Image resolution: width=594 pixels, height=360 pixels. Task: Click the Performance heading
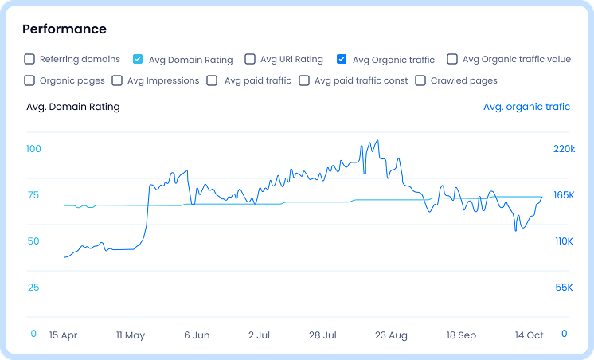[64, 29]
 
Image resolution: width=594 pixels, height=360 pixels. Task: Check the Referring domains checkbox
[29, 59]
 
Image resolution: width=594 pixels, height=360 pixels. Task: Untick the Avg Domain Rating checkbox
[138, 59]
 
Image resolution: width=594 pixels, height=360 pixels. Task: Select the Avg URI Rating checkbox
[250, 59]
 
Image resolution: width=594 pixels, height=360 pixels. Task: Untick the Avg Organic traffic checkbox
[342, 59]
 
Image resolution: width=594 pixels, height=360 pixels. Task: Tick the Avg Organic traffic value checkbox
[452, 59]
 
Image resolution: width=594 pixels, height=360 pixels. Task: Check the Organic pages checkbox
[29, 80]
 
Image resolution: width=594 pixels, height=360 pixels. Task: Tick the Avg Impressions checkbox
[118, 80]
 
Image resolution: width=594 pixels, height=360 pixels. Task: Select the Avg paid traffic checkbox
[213, 80]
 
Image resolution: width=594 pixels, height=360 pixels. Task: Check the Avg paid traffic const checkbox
[304, 80]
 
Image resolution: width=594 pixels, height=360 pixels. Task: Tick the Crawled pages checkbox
[420, 80]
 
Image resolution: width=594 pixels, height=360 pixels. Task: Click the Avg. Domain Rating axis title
[73, 107]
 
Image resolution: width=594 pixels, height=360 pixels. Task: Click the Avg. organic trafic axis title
[526, 107]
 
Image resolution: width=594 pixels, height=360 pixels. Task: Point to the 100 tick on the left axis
[33, 149]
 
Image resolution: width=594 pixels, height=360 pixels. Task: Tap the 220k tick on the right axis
[564, 149]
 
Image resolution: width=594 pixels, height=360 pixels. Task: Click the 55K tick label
[564, 288]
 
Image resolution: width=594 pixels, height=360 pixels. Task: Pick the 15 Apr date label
[64, 335]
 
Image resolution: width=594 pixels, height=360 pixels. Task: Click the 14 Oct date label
[529, 335]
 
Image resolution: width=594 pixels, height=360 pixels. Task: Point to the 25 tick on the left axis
[33, 288]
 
